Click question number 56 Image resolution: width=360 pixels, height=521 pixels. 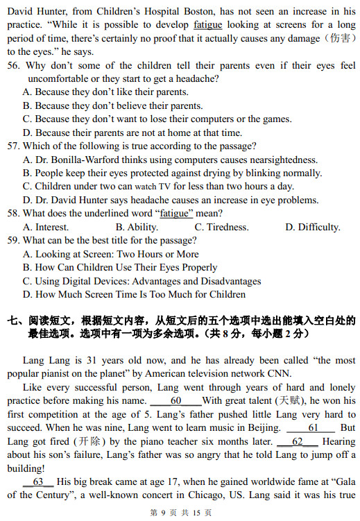tap(14, 65)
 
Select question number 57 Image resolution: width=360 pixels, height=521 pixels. tap(14, 146)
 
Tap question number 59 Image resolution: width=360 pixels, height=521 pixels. tap(14, 241)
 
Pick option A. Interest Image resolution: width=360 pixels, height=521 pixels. tap(46, 227)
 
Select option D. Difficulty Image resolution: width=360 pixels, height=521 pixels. tap(312, 227)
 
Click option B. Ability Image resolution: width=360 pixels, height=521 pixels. tap(137, 227)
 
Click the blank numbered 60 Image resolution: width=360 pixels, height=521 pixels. tap(175, 401)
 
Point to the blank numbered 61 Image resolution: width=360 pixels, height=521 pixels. tap(313, 428)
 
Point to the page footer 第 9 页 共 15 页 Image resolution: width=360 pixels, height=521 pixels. tap(180, 513)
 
